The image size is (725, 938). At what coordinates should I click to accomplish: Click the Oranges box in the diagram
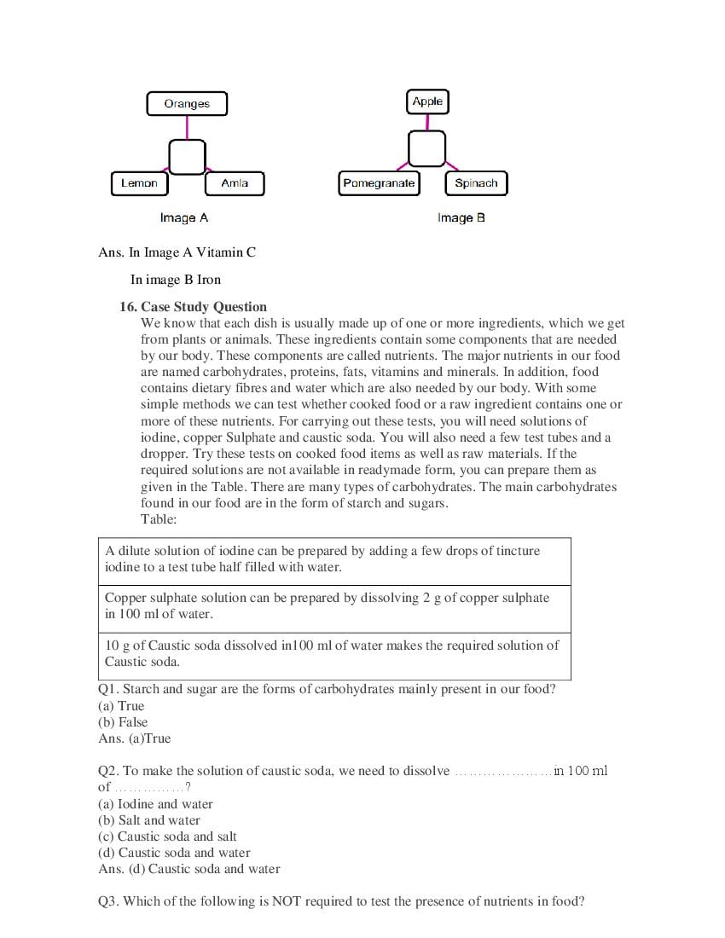pyautogui.click(x=187, y=104)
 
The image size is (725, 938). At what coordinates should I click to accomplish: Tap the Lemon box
pyautogui.click(x=139, y=183)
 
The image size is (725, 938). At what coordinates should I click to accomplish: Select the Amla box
pyautogui.click(x=235, y=183)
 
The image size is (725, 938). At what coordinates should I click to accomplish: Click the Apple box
pyautogui.click(x=427, y=101)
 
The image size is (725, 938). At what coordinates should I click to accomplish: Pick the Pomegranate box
pyautogui.click(x=379, y=183)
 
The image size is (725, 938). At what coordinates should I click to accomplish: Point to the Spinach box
pyautogui.click(x=476, y=183)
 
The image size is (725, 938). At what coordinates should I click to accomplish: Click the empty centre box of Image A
pyautogui.click(x=187, y=157)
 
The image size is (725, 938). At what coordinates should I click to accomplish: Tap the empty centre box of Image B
pyautogui.click(x=426, y=148)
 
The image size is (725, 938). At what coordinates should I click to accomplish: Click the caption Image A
pyautogui.click(x=184, y=218)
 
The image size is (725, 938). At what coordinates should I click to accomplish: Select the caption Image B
pyautogui.click(x=461, y=218)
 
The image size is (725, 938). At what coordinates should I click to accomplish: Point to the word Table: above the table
pyautogui.click(x=159, y=519)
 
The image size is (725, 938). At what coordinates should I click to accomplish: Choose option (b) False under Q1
pyautogui.click(x=123, y=722)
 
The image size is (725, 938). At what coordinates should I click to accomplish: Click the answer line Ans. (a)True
pyautogui.click(x=135, y=738)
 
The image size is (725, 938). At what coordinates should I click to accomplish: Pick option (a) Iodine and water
pyautogui.click(x=155, y=804)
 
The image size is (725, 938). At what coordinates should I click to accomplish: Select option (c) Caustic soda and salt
pyautogui.click(x=167, y=837)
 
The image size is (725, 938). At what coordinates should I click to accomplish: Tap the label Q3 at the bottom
pyautogui.click(x=108, y=901)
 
